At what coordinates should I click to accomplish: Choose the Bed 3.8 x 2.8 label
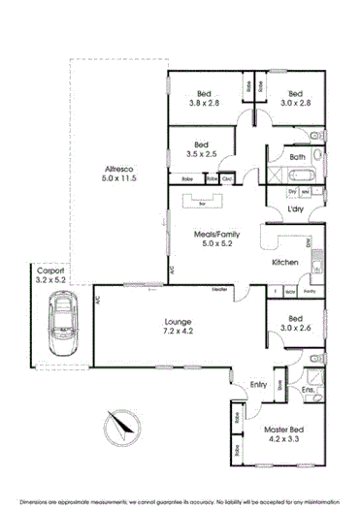pyautogui.click(x=204, y=98)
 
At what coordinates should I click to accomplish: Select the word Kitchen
pyautogui.click(x=283, y=263)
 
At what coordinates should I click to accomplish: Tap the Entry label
pyautogui.click(x=258, y=385)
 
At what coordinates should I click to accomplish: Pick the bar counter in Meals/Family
pyautogui.click(x=202, y=204)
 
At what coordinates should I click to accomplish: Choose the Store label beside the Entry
pyautogui.click(x=278, y=385)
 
